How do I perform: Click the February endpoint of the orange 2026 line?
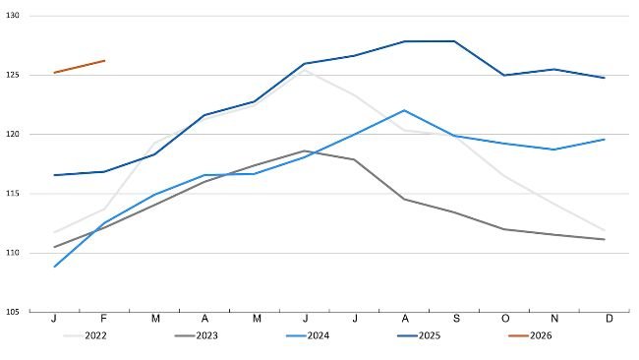(104, 61)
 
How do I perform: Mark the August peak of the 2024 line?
(404, 110)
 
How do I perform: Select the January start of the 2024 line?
(54, 267)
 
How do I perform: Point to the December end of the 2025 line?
(604, 78)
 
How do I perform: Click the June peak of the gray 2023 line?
(305, 150)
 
